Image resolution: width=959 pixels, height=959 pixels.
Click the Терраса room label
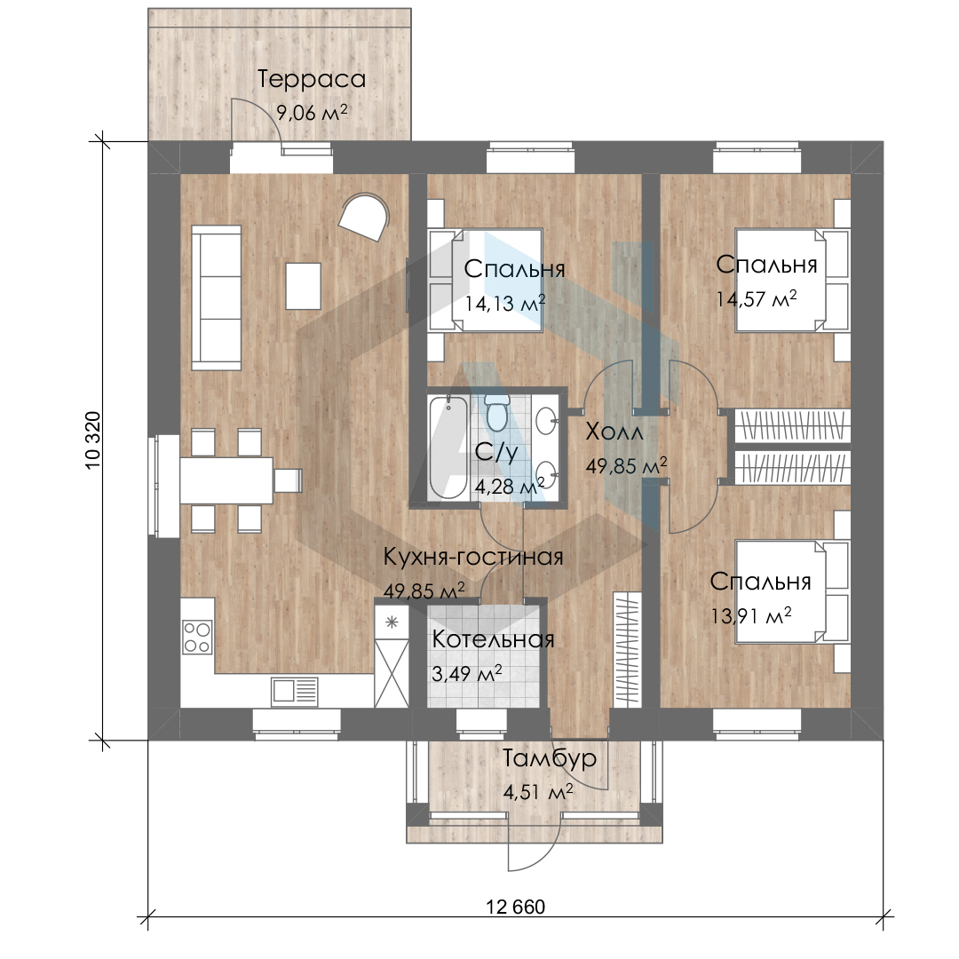click(x=312, y=80)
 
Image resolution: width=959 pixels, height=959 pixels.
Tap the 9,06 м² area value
click(x=312, y=113)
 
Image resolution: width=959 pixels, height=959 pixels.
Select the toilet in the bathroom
click(x=497, y=411)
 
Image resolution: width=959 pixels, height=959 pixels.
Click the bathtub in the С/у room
click(x=448, y=447)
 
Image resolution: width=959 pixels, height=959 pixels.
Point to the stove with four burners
click(x=197, y=637)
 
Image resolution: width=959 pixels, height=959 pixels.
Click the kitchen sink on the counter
click(x=294, y=692)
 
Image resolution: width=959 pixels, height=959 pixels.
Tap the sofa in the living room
click(x=216, y=297)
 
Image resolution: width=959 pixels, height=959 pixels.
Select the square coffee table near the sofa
click(x=304, y=286)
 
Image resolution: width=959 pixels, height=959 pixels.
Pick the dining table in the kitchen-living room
click(x=226, y=480)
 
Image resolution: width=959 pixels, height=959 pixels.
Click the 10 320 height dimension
click(x=92, y=440)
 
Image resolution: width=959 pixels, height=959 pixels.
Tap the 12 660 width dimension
click(x=516, y=907)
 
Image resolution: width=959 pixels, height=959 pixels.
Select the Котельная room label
click(x=493, y=639)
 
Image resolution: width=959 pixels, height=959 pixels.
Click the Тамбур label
click(x=550, y=759)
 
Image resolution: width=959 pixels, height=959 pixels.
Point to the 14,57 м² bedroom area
click(x=757, y=299)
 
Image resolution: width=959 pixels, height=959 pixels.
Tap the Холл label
click(x=614, y=432)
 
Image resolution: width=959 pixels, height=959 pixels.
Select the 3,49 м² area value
click(x=467, y=673)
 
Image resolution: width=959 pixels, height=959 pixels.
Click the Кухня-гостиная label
click(x=472, y=557)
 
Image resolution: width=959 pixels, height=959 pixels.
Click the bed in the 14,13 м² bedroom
click(x=486, y=281)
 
